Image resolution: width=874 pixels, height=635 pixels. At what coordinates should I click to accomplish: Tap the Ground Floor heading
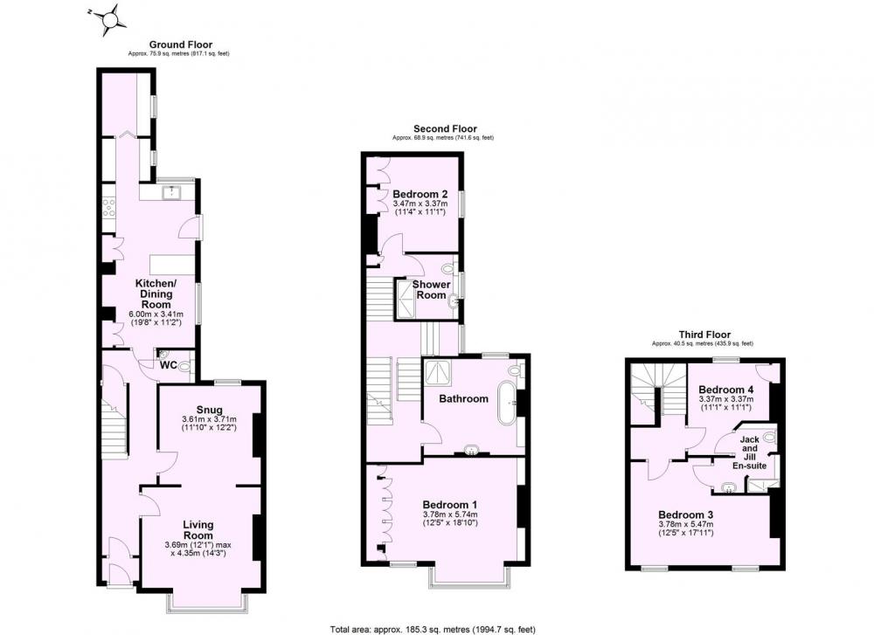coord(181,45)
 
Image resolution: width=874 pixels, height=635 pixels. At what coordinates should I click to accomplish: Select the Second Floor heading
coord(445,129)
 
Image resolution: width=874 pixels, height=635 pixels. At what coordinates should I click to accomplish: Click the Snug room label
coord(209,410)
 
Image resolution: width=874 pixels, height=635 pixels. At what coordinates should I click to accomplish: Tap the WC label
coord(169,365)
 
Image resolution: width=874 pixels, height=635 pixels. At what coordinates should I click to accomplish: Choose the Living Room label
coord(198,529)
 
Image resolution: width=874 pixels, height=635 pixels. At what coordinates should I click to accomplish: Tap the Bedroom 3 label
coord(685,514)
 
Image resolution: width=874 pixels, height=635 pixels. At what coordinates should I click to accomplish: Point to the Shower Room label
coord(432,290)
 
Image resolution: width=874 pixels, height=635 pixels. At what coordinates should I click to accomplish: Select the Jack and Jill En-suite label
coord(749,452)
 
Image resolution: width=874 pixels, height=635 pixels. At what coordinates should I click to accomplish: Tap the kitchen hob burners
coord(108,207)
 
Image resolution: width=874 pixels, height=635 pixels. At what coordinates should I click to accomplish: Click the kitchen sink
coord(170,193)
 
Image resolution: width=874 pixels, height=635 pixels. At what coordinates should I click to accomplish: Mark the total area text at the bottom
coord(433,630)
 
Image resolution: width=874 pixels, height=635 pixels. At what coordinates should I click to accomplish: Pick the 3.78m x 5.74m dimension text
coord(450,514)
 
